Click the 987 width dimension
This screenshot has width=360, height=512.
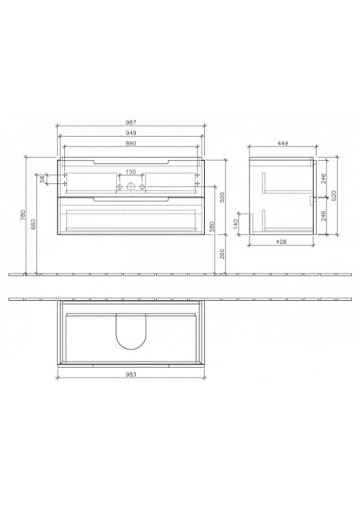[x=130, y=122]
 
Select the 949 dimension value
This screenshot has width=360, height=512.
[x=130, y=133]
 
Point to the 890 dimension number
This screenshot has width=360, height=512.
[x=130, y=143]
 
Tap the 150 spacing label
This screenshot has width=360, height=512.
[x=130, y=172]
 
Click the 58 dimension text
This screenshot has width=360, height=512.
[x=42, y=179]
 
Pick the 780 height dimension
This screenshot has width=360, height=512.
[x=22, y=215]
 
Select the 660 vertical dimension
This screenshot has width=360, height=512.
[x=34, y=224]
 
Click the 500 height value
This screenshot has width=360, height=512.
[x=222, y=197]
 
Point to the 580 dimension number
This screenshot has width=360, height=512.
[x=211, y=226]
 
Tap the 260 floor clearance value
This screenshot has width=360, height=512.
[x=222, y=254]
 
